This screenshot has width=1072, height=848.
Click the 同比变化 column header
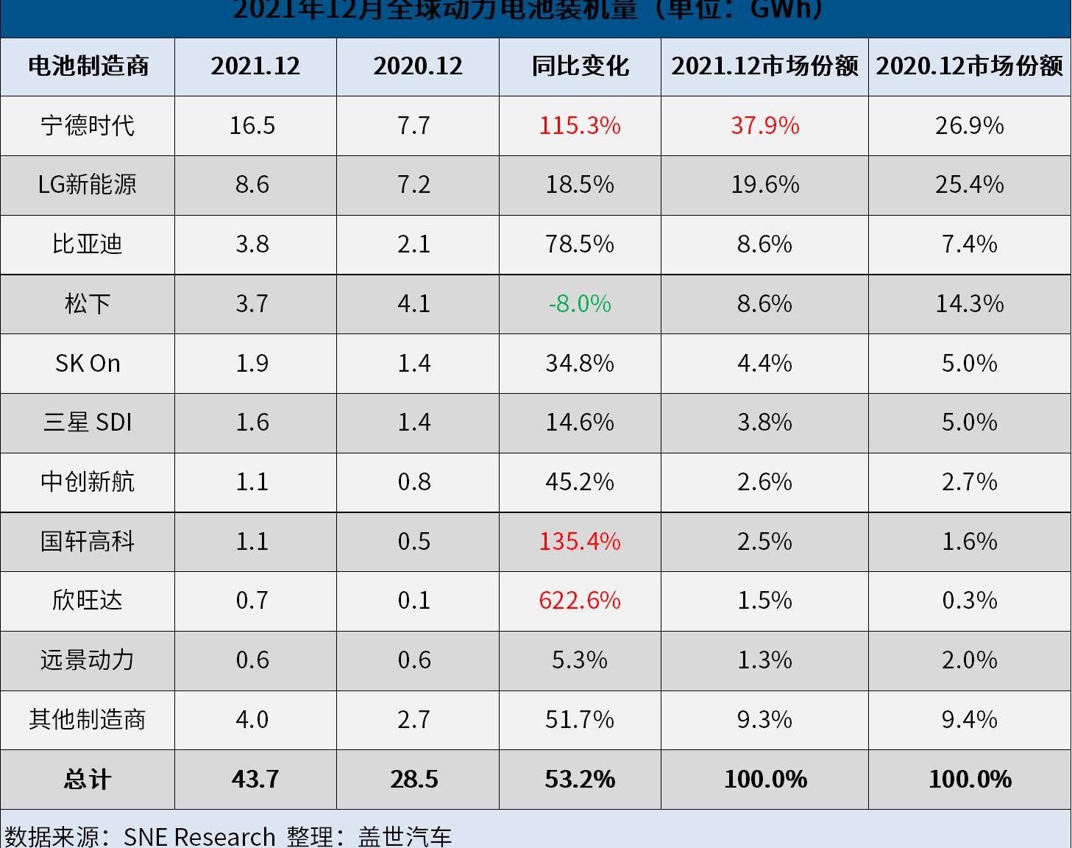point(580,66)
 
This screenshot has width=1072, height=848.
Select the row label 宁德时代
point(88,125)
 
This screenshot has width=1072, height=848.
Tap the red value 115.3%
point(580,125)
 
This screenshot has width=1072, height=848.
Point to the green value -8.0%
point(580,303)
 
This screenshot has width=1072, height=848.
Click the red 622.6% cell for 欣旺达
point(580,601)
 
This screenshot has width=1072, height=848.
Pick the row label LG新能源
point(88,184)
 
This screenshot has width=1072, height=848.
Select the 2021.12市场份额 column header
point(764,66)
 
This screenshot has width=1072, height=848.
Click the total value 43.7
point(255,779)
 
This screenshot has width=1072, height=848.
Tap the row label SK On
point(88,363)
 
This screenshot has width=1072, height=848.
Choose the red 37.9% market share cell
point(764,125)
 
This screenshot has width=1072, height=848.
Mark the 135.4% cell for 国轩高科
point(580,541)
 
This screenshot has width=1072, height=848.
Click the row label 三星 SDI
point(88,422)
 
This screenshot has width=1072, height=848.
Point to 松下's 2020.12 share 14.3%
point(969,303)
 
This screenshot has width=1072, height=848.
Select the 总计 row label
point(88,779)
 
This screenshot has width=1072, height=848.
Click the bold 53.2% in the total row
point(580,779)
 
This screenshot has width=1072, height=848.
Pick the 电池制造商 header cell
point(88,66)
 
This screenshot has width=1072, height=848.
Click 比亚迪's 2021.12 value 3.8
point(252,244)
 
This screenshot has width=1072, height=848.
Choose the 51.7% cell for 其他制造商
point(580,719)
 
